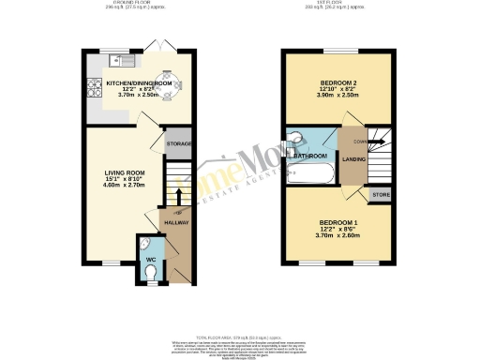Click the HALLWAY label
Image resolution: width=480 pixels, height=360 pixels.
(x=176, y=222)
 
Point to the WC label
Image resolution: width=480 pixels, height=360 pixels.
(x=149, y=258)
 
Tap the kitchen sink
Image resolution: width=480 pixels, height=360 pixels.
(x=123, y=63)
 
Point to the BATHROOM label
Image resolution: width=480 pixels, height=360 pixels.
(x=311, y=155)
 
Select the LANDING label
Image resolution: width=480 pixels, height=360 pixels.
(x=356, y=158)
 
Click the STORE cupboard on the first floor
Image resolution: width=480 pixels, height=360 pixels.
(x=381, y=196)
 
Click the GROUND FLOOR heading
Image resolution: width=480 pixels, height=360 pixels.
(x=129, y=4)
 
